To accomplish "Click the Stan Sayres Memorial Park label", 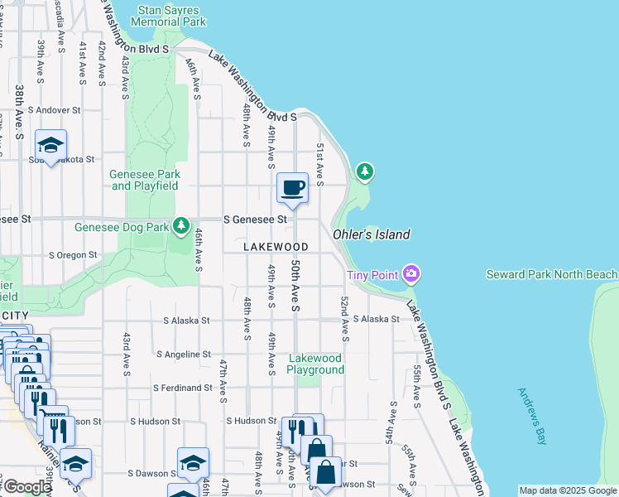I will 170,17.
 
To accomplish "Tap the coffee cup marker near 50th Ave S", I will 291,187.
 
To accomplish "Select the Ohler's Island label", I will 372,234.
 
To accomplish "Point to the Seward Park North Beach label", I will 551,274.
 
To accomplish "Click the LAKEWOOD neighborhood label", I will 276,247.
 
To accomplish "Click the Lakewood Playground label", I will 315,364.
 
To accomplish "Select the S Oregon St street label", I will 79,255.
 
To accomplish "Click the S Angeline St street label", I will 184,354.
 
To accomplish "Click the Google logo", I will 27,487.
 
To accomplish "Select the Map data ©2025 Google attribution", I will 567,490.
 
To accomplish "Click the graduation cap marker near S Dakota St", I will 51,145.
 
